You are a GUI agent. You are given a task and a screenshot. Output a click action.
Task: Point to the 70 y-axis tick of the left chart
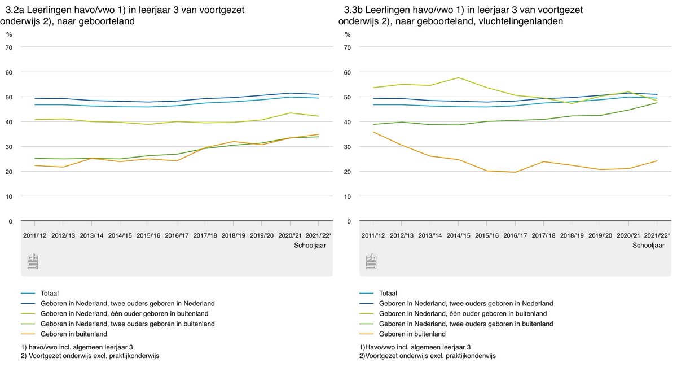coord(9,47)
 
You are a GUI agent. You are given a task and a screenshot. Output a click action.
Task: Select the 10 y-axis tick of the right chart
coord(348,196)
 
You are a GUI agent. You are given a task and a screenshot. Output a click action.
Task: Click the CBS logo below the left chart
coord(33,262)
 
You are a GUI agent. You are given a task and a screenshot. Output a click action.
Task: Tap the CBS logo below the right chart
coord(371,262)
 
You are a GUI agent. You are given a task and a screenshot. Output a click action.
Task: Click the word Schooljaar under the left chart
coord(310,246)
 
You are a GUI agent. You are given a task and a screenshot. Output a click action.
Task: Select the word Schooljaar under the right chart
coord(648,246)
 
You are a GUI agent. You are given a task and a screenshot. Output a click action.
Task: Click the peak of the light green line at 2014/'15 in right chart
coord(459,77)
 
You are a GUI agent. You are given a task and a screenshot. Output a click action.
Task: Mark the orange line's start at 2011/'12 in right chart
coord(373,132)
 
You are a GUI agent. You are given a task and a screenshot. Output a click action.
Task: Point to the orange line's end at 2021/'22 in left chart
coord(319,134)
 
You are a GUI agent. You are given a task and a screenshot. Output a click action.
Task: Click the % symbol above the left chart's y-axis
coord(9,34)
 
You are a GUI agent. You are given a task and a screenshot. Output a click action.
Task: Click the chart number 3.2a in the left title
coord(15,10)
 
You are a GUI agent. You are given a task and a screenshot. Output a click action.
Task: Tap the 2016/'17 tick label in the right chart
coord(515,235)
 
